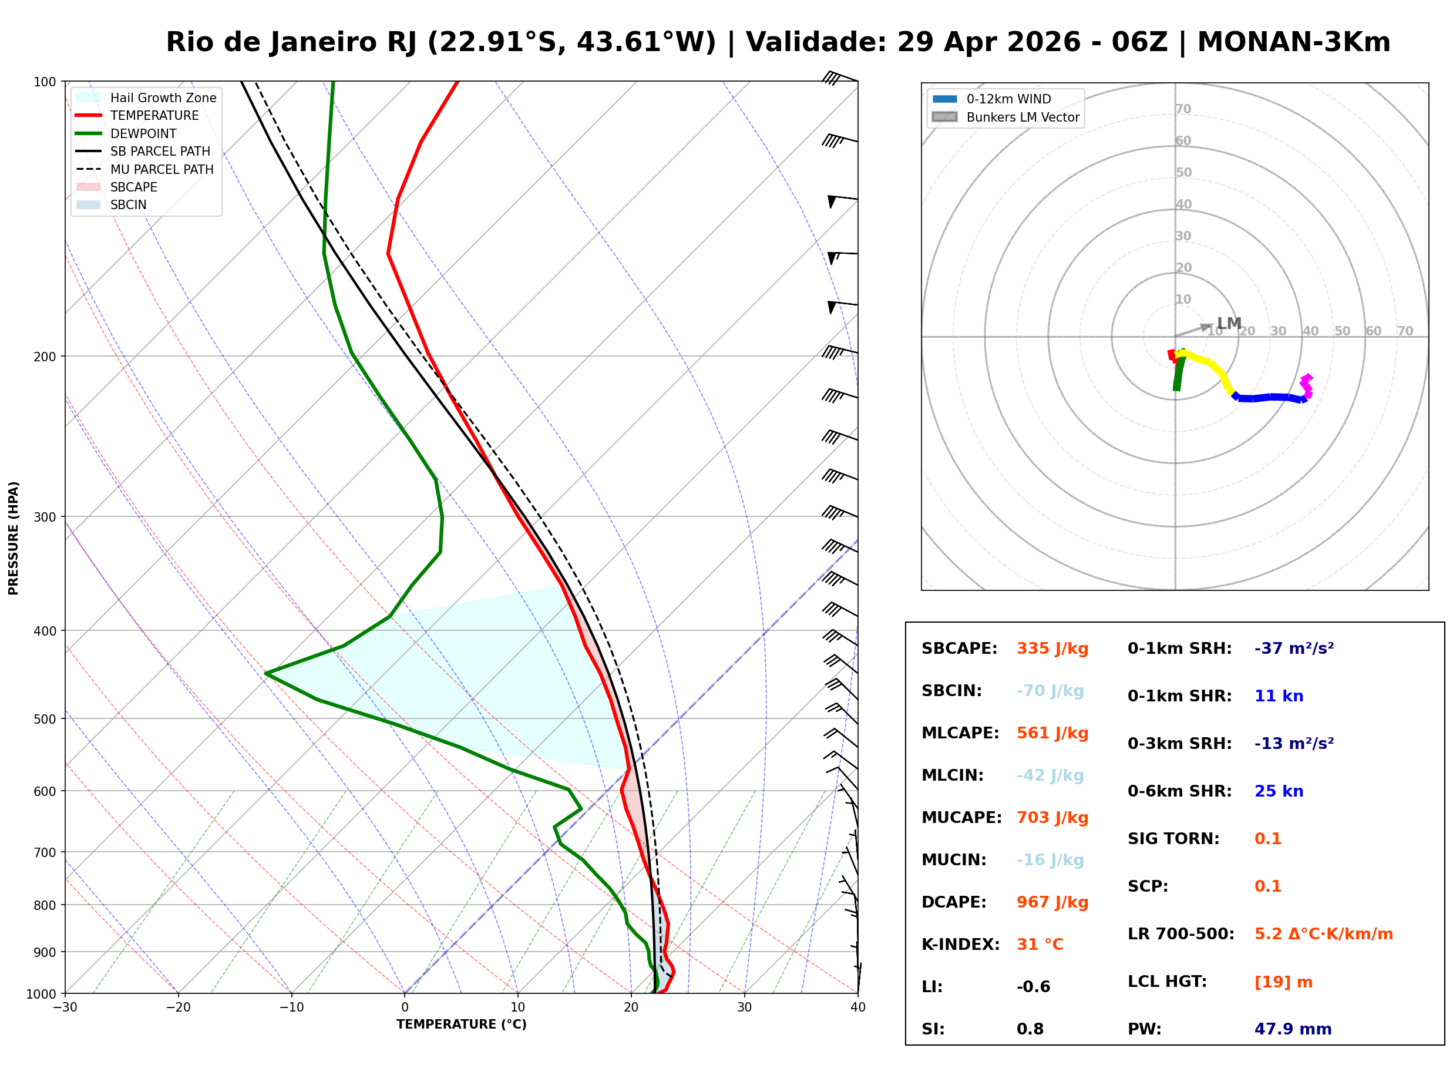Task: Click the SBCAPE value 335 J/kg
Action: click(x=1052, y=649)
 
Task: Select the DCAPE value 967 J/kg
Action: click(x=1052, y=902)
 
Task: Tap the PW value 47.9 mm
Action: click(x=1292, y=1029)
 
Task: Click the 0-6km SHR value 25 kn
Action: click(x=1278, y=792)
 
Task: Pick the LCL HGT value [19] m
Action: click(x=1283, y=982)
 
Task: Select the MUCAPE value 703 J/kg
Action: click(x=1052, y=818)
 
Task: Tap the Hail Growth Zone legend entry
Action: click(x=163, y=98)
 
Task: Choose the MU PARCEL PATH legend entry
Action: click(x=162, y=169)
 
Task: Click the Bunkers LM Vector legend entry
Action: click(x=1023, y=117)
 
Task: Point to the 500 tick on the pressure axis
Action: click(x=45, y=719)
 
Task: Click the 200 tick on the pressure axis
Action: click(x=45, y=357)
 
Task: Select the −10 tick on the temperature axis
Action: click(x=291, y=1008)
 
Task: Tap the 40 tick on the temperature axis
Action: click(x=857, y=1008)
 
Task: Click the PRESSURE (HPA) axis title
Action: click(x=14, y=538)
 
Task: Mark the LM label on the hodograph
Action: click(x=1229, y=324)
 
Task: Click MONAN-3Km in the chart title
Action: click(x=1293, y=42)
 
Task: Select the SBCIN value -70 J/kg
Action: click(x=1050, y=691)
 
